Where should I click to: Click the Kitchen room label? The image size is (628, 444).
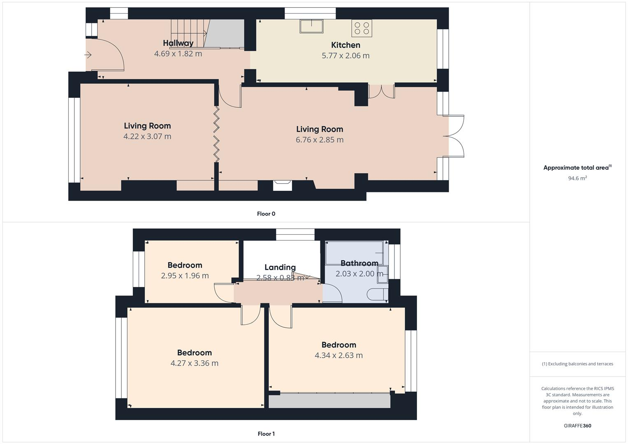coord(345,45)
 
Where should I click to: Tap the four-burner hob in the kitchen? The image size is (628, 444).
coord(362,28)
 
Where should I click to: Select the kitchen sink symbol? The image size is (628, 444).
coord(311,26)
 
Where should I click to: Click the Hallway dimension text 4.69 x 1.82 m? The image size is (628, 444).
coord(178,54)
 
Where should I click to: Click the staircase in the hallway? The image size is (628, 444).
coord(188,33)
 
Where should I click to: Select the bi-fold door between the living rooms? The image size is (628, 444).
coord(216,134)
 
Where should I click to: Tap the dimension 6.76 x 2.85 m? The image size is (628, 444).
coord(320,140)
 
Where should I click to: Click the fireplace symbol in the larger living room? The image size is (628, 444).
coord(283,185)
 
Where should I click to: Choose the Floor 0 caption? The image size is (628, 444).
coord(266,214)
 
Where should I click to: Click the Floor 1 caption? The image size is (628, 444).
coord(266,434)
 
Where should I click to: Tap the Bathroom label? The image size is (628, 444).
coord(359,263)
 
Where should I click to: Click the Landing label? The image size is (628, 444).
coord(280,267)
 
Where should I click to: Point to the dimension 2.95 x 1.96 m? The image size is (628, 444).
coord(185,276)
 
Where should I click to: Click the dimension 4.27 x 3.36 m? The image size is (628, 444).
coord(194,363)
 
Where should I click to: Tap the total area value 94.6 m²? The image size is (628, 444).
coord(577,178)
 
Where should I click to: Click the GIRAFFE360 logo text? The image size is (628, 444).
coord(577,426)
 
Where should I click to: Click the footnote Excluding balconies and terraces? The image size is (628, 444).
coord(577,364)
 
